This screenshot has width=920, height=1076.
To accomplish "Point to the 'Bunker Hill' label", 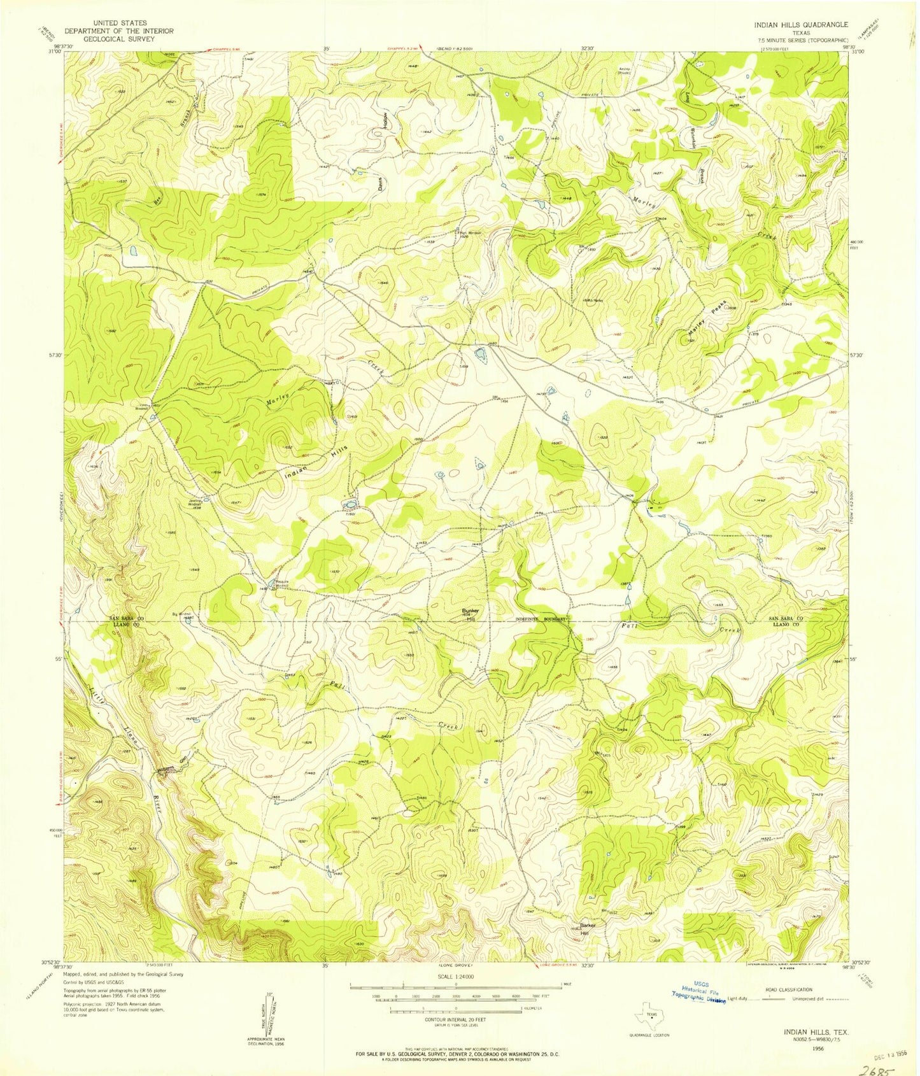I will (470, 614).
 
